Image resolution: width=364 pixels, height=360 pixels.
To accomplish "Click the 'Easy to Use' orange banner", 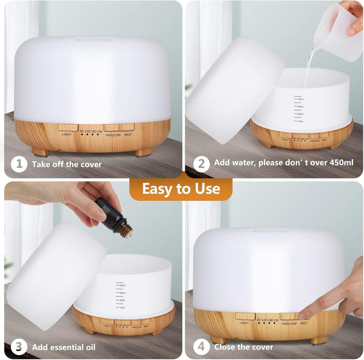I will coord(181,189).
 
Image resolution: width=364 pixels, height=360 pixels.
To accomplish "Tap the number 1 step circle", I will coord(19,164).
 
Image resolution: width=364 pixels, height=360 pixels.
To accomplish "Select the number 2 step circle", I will coord(201,164).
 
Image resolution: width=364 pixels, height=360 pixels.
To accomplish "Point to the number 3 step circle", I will coord(19,347).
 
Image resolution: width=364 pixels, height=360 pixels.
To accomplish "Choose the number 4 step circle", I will coord(201,347).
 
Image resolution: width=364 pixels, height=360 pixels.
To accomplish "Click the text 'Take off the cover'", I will coord(67,164).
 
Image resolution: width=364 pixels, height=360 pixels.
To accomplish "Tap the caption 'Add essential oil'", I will coord(64,347).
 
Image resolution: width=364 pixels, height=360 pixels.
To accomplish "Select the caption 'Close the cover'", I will coord(244,347).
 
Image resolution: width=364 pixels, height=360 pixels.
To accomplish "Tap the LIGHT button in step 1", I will coord(67,128).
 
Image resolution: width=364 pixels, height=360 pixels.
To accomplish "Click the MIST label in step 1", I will coord(127,134).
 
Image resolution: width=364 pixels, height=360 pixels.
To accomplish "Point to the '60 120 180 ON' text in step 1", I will coord(90,131).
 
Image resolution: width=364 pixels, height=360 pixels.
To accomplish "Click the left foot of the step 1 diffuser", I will coord(40,151).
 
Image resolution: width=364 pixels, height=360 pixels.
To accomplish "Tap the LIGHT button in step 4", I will coord(245,316).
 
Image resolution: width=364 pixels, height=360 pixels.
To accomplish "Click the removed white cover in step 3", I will coord(56,275).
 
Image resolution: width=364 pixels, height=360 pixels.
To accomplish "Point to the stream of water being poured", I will coord(308,68).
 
